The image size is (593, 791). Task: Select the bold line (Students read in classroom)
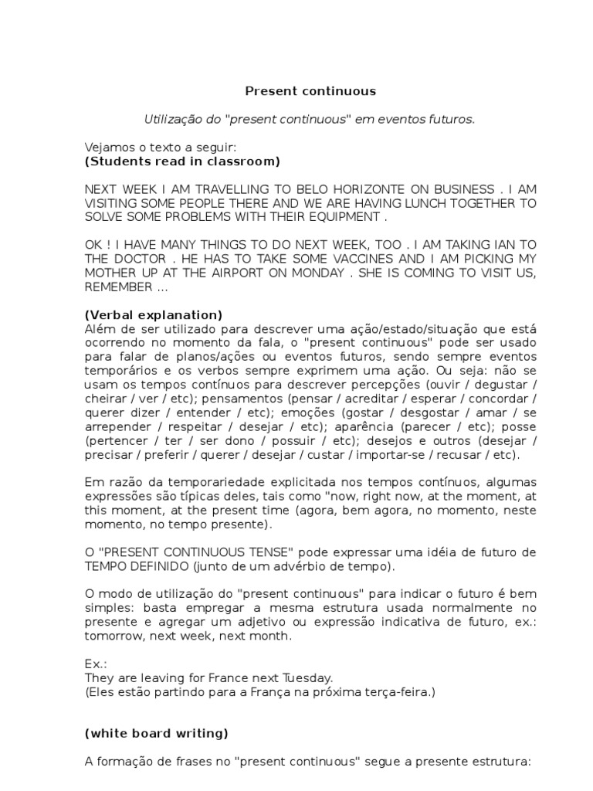point(182,161)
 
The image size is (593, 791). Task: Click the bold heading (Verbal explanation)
point(154,314)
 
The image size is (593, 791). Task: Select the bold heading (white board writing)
point(157,733)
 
